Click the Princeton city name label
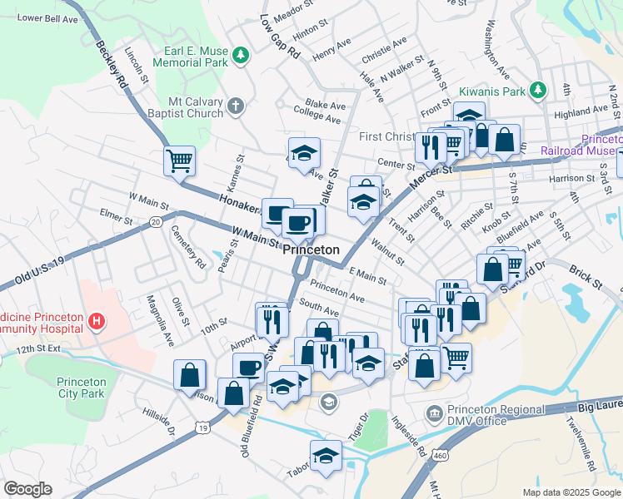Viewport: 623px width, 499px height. [311, 249]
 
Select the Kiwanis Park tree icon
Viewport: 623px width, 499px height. [539, 89]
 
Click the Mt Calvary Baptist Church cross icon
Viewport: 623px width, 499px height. [236, 106]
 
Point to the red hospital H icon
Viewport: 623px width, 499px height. [97, 320]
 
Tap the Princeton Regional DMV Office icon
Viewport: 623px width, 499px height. [434, 413]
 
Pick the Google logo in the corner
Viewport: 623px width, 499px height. [27, 489]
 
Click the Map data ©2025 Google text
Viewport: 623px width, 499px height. [571, 492]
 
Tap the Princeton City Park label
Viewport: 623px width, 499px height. [81, 388]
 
